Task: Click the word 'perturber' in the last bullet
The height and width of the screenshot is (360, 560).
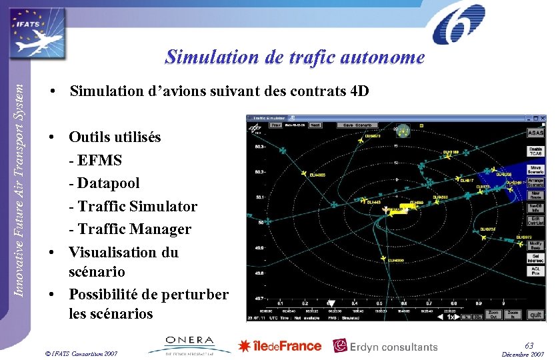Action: pos(197,294)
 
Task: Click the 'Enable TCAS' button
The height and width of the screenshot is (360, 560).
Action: pos(535,152)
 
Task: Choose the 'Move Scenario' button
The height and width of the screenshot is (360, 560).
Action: pos(535,170)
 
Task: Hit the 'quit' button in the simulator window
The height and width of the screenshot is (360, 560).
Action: pos(535,314)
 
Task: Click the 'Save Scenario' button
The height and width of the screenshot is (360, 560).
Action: pos(357,125)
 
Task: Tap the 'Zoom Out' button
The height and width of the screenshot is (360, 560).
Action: pos(493,314)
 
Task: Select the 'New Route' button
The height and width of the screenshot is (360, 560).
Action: pos(535,195)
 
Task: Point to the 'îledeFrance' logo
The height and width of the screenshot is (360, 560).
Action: pos(280,345)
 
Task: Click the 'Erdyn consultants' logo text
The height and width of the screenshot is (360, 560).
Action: pos(387,346)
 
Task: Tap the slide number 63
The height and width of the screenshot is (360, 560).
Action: pos(529,345)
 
